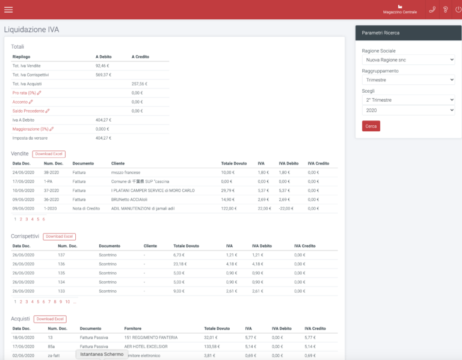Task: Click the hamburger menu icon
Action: tap(8, 10)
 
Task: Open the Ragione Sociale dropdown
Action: tap(408, 60)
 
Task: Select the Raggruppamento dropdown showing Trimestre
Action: tap(408, 79)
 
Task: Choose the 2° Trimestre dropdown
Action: tap(408, 100)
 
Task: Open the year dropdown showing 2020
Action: tap(408, 111)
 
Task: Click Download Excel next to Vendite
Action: tap(49, 154)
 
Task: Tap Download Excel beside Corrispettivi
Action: tap(60, 237)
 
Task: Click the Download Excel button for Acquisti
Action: tap(51, 319)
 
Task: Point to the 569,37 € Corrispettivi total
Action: tap(103, 75)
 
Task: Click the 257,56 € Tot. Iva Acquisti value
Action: tap(139, 84)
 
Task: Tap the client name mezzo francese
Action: tap(125, 172)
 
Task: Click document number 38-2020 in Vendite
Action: tap(51, 172)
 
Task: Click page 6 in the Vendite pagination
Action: tap(43, 219)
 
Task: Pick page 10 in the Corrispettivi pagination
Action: tap(67, 302)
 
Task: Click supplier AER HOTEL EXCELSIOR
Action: tap(147, 347)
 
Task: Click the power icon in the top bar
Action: tap(458, 10)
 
